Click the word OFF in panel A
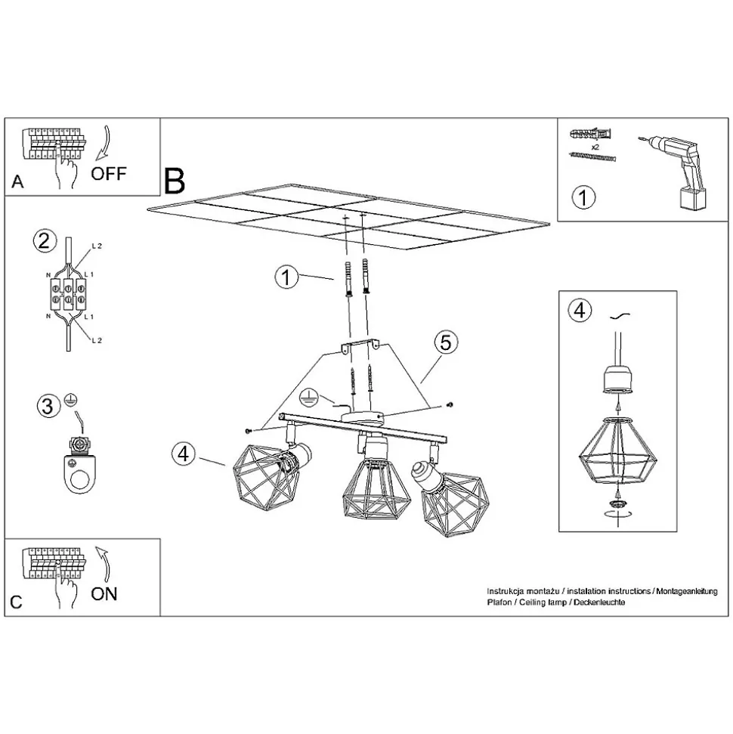[109, 174]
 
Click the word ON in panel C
[104, 593]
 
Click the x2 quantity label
[595, 147]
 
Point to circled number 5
[445, 342]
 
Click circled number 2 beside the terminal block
[45, 241]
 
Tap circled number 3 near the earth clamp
[48, 406]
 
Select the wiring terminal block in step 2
[68, 293]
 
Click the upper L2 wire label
[97, 246]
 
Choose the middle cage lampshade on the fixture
[376, 491]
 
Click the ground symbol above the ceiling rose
[309, 396]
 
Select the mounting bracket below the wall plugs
[360, 345]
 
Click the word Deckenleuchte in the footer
[599, 602]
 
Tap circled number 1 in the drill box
[583, 197]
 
